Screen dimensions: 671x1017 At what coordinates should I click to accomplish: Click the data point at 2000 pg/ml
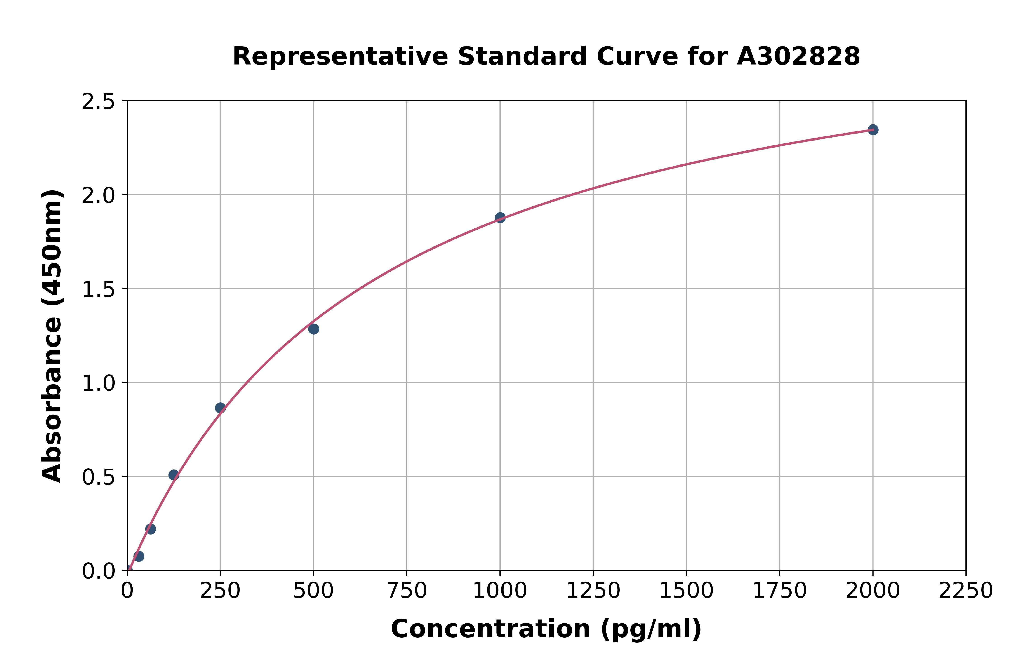873,130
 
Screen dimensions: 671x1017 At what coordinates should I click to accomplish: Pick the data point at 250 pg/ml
220,408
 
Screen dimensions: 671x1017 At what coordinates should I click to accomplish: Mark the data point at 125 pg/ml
174,475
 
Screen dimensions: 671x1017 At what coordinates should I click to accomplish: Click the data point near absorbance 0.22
151,529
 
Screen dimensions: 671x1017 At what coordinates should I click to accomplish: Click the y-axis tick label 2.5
99,102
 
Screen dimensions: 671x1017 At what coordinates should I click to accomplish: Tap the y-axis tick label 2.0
99,196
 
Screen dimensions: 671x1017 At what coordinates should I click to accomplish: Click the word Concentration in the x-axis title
490,629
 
